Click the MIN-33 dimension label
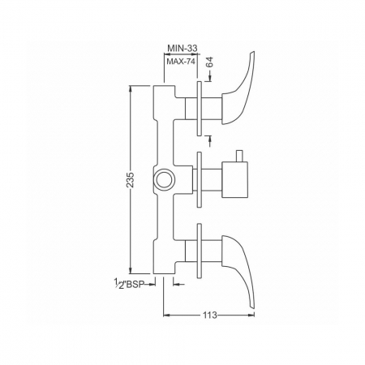[x=182, y=48]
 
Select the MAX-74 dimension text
[x=180, y=62]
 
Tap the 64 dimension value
[x=209, y=62]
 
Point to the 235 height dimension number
[x=131, y=179]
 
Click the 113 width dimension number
[x=210, y=315]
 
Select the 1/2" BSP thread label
[x=128, y=283]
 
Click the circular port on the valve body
[x=165, y=179]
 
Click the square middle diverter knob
[x=234, y=179]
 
